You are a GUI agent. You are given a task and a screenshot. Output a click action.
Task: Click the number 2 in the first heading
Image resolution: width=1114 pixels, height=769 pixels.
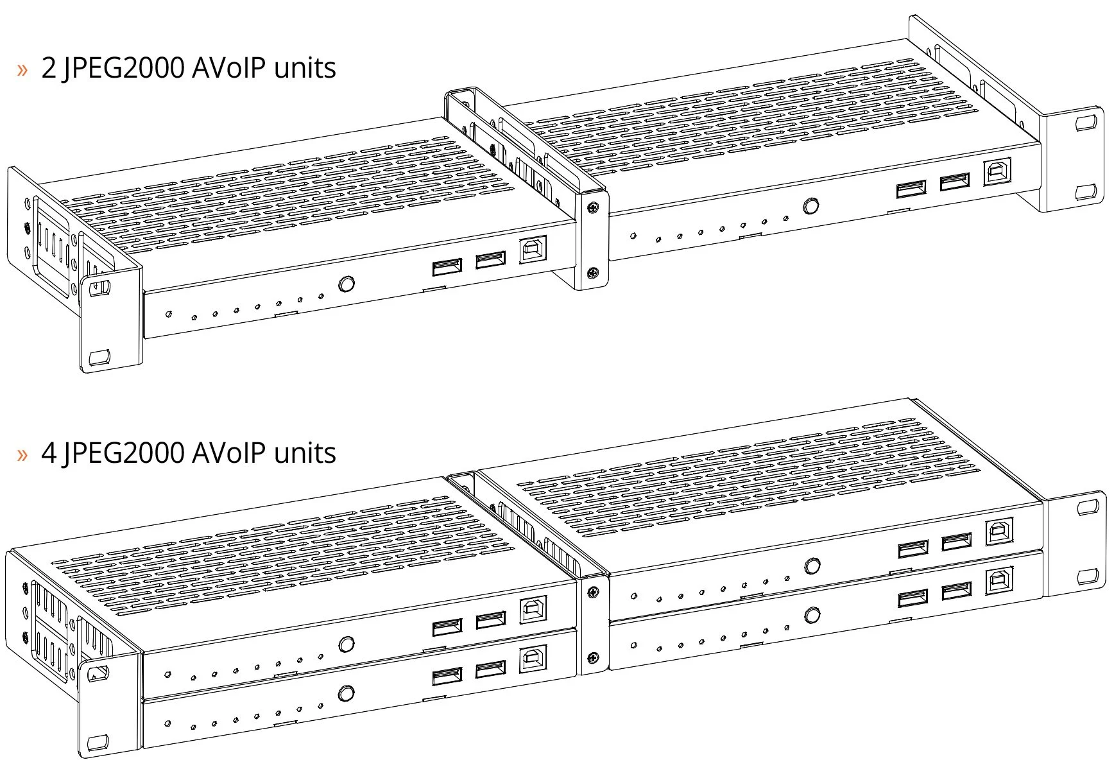coord(49,68)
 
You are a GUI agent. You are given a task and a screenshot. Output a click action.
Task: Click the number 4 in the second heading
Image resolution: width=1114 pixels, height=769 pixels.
coord(49,453)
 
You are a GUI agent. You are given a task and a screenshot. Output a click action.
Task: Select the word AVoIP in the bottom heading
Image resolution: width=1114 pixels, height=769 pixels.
coord(228,453)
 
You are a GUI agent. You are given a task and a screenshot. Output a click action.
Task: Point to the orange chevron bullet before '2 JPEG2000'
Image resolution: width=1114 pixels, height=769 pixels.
coord(23,69)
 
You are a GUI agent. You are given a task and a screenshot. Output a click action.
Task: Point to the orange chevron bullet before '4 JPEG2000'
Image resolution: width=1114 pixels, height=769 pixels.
coord(23,454)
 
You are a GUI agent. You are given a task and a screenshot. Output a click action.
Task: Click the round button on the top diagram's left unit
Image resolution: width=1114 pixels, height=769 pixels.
coord(347,284)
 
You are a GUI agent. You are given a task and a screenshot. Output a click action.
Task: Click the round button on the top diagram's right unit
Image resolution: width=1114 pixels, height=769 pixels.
coord(811,206)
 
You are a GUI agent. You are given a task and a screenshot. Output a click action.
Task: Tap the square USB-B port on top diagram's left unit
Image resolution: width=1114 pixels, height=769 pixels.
coord(532,250)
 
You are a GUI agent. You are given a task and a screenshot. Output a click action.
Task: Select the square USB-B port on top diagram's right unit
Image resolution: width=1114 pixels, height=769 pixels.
coord(997,172)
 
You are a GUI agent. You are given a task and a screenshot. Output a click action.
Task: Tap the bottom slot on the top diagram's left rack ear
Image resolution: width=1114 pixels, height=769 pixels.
coord(99,357)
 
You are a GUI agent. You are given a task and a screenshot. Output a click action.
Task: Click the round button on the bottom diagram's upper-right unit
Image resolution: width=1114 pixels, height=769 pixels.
coord(812,566)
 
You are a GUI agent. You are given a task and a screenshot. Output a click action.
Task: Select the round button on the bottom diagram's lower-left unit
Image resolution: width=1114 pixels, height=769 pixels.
coord(346,693)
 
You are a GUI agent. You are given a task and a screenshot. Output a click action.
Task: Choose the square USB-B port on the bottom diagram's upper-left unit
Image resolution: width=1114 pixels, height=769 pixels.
coord(533,610)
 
